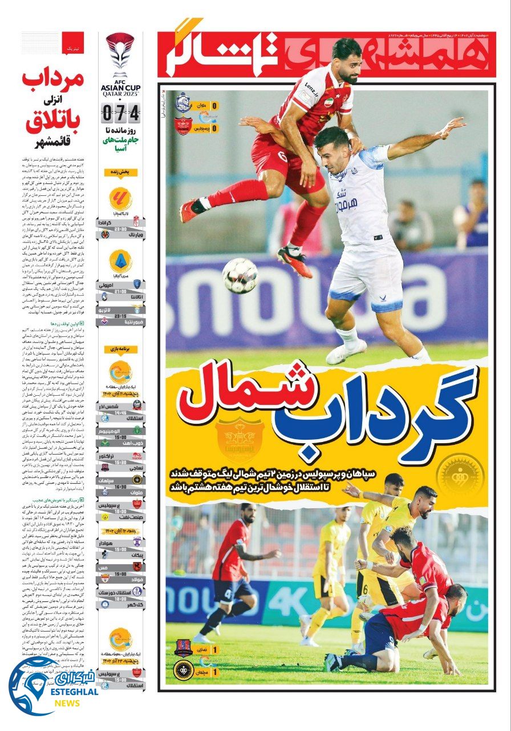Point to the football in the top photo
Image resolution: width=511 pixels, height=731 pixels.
coord(240,275)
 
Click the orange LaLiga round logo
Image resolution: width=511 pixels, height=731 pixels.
coord(120,199)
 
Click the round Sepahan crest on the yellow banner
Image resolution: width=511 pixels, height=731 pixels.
coord(459,474)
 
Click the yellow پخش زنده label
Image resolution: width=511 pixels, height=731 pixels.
coord(120,172)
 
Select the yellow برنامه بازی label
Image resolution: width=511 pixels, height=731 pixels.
coord(120,348)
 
